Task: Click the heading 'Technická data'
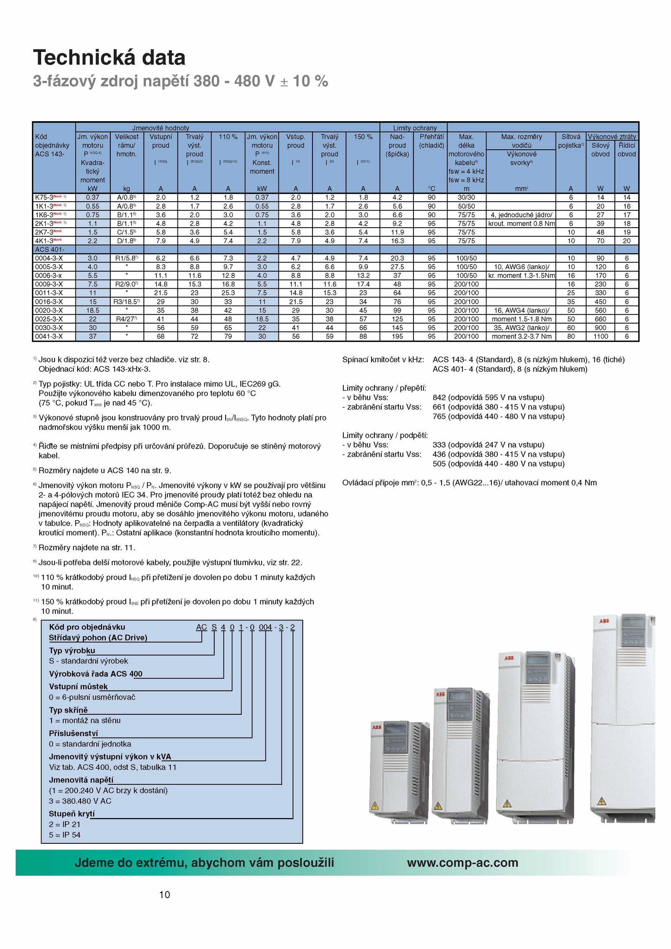(109, 57)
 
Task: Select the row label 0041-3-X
(49, 336)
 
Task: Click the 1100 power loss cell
(600, 336)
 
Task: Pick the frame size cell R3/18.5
(126, 301)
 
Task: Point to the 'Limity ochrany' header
(414, 128)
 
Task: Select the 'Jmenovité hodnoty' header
(161, 128)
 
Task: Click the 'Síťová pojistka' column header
(570, 141)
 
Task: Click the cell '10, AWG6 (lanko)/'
(521, 267)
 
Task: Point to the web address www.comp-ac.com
(462, 863)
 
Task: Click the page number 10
(164, 895)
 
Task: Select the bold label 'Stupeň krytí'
(72, 814)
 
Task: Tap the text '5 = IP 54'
(65, 835)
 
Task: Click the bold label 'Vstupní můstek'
(78, 687)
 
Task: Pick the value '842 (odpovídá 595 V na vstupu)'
(488, 397)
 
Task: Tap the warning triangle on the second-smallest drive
(438, 806)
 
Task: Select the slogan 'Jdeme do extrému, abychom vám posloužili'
(204, 863)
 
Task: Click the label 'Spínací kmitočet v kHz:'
(383, 360)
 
